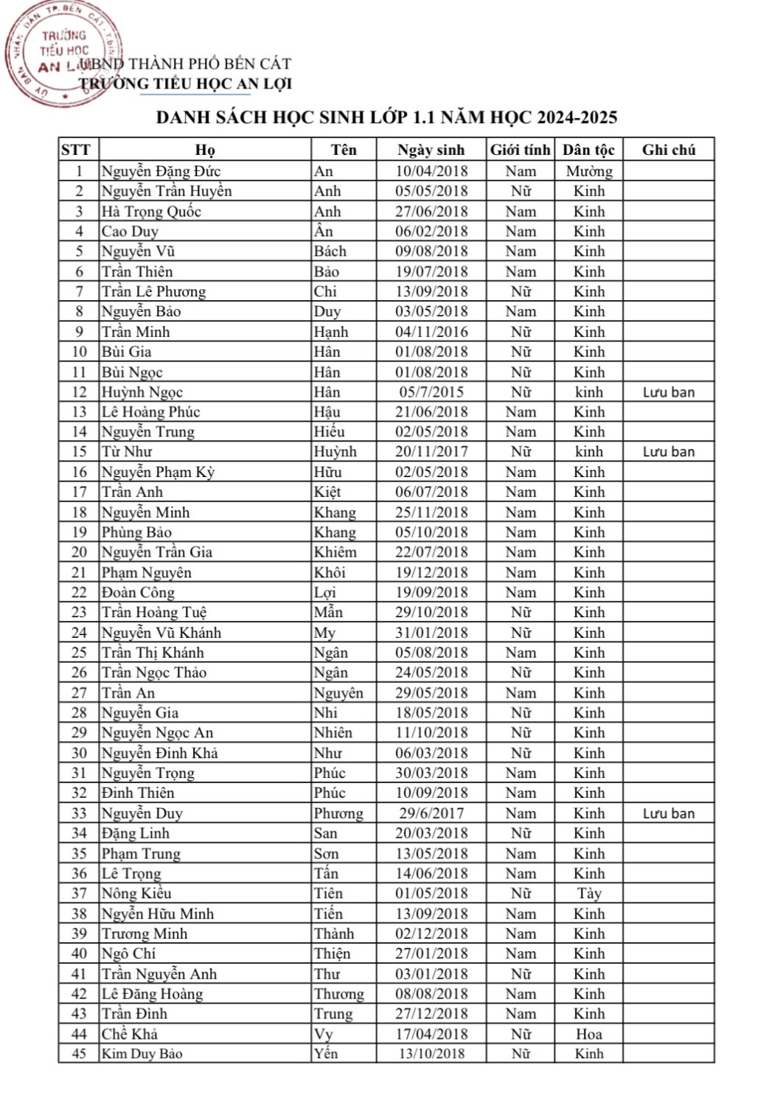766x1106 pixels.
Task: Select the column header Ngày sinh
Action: click(x=431, y=150)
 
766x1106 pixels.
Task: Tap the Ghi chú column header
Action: click(x=668, y=150)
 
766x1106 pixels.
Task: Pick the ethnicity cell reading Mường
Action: click(x=589, y=171)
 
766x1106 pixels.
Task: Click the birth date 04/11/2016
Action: click(x=431, y=332)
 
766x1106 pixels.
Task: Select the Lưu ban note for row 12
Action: click(x=668, y=392)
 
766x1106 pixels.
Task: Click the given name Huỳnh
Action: click(x=335, y=452)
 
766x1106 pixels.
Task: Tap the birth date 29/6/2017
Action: click(x=431, y=813)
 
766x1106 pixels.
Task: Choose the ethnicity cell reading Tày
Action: click(x=589, y=894)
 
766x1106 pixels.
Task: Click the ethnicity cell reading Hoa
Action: click(x=589, y=1034)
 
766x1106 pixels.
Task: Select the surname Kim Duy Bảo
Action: click(x=142, y=1054)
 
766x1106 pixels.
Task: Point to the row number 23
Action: click(x=79, y=612)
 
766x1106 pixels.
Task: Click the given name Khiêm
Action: click(x=335, y=552)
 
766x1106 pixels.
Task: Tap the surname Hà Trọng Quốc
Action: click(x=151, y=212)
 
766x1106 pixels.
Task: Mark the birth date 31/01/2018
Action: click(x=431, y=633)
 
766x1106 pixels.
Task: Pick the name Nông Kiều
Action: click(x=136, y=894)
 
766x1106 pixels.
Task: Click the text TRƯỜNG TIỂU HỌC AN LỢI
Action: click(x=186, y=84)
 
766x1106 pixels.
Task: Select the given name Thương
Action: click(x=339, y=994)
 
